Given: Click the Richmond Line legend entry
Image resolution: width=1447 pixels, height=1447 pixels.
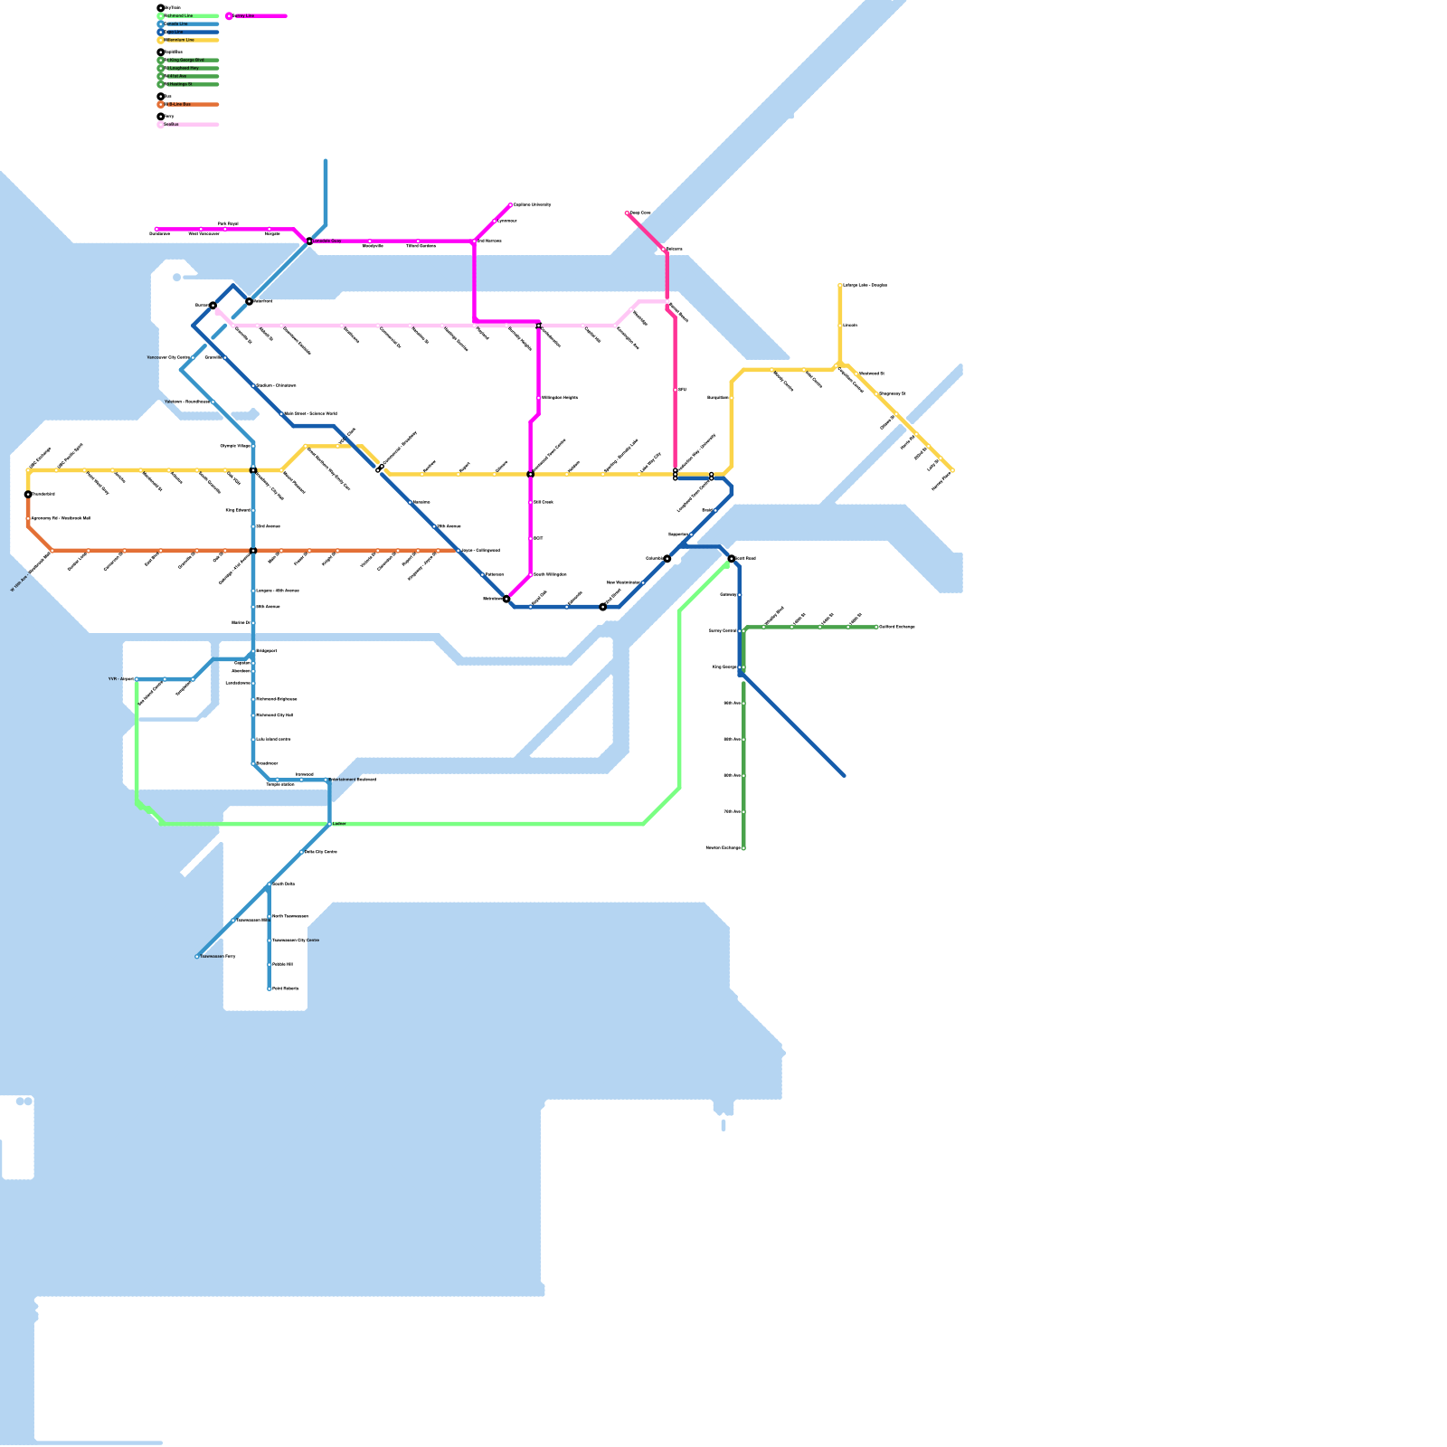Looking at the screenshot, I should click(x=178, y=15).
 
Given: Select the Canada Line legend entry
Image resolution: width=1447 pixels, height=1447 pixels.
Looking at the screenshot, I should click(x=176, y=24).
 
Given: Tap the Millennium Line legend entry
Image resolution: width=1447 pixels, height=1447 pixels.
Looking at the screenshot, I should click(x=179, y=40).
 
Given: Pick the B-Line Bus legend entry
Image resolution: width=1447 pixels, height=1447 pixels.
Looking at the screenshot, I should click(x=179, y=104).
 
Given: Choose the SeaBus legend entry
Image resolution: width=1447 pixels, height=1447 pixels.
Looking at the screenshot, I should click(x=171, y=124).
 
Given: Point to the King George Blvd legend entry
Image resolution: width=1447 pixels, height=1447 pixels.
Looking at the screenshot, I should click(x=184, y=60).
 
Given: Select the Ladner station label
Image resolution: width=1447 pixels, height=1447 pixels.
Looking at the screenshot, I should click(x=339, y=824).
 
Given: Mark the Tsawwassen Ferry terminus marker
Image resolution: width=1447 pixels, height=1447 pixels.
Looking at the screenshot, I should click(x=197, y=956).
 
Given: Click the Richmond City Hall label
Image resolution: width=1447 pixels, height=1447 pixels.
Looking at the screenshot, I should click(x=275, y=715).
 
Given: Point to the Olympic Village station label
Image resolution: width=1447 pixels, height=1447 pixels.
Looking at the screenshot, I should click(x=235, y=446).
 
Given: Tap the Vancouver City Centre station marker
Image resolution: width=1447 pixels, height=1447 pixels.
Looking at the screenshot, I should click(x=193, y=358).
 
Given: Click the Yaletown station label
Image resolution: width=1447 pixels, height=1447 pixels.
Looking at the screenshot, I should click(x=186, y=402).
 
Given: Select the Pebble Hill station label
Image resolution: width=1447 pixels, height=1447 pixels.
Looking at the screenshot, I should click(x=282, y=965).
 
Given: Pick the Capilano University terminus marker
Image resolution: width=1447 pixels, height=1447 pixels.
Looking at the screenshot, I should click(x=511, y=205).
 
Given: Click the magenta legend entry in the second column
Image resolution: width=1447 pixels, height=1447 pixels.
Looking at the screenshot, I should click(x=243, y=15).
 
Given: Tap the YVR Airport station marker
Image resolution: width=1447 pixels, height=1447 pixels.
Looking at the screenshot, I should click(x=137, y=679).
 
